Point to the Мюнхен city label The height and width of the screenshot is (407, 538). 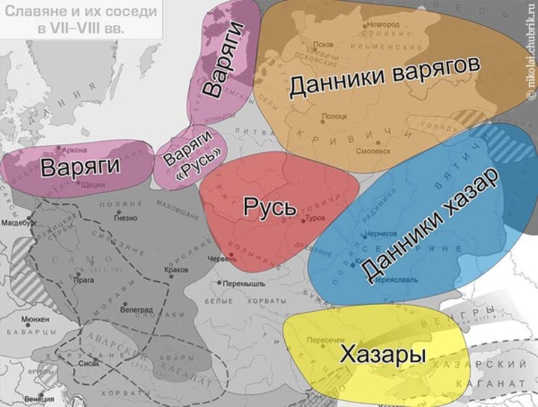click(x=34, y=320)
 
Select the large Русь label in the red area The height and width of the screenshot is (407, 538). click(x=270, y=207)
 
